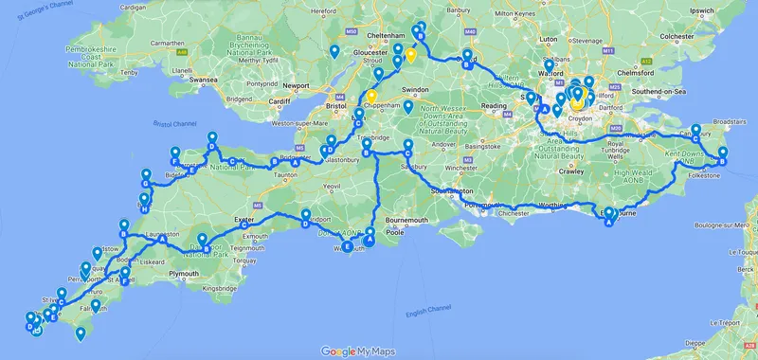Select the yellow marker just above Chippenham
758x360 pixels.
click(372, 96)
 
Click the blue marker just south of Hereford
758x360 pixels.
click(334, 51)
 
